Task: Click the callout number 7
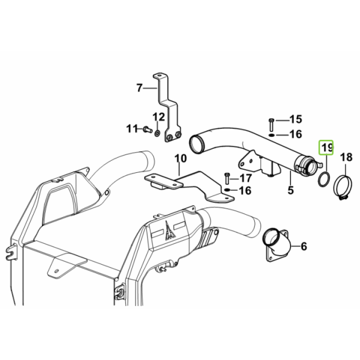tap(139, 88)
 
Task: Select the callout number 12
tap(158, 117)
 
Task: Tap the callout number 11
tap(132, 129)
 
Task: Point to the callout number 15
tap(296, 119)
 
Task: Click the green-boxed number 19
tap(326, 148)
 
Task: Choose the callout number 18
tap(346, 157)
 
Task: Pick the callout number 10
tap(181, 158)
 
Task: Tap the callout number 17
tap(246, 178)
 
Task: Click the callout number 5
tap(290, 190)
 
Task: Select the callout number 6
tap(304, 247)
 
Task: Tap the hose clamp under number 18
tap(342, 187)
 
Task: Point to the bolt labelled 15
tap(271, 125)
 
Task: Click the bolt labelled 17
tap(227, 179)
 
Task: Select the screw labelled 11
tap(147, 130)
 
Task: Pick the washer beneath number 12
tap(157, 133)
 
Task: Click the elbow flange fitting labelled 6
tap(277, 245)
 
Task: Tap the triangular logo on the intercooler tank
tap(170, 231)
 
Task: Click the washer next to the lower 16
tap(227, 190)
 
